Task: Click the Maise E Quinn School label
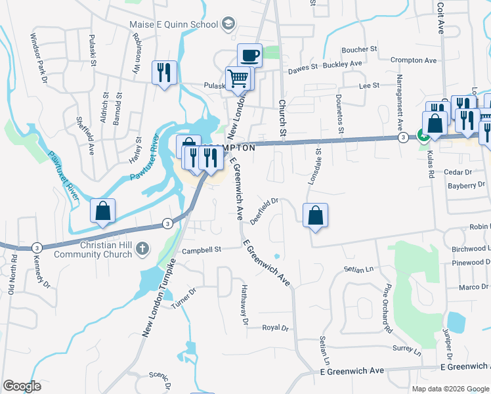click(x=174, y=25)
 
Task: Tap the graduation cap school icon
click(x=228, y=25)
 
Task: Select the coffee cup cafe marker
click(x=250, y=55)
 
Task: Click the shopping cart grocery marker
click(x=238, y=79)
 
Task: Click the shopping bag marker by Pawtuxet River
click(x=103, y=211)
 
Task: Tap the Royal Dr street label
click(x=276, y=327)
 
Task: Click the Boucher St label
click(x=359, y=49)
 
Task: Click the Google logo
click(x=22, y=386)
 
